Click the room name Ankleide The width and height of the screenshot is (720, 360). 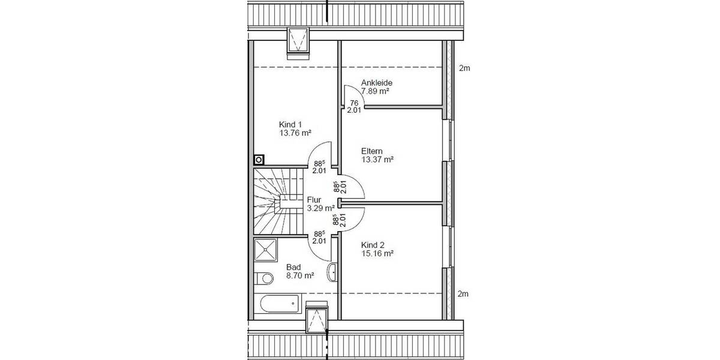[376, 83]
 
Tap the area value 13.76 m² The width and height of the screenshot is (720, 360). [295, 133]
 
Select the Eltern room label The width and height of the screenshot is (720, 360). [372, 151]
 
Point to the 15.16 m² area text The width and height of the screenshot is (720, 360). [377, 254]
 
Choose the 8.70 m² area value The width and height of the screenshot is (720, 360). [301, 276]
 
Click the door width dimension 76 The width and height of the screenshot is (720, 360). [354, 103]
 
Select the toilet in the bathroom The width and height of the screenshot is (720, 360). [262, 279]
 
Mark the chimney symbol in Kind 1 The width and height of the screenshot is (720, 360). [259, 160]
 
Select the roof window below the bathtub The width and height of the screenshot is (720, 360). [316, 319]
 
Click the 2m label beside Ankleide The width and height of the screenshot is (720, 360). [464, 68]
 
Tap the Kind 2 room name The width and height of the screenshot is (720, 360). [373, 245]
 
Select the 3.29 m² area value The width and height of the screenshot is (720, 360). [320, 209]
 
